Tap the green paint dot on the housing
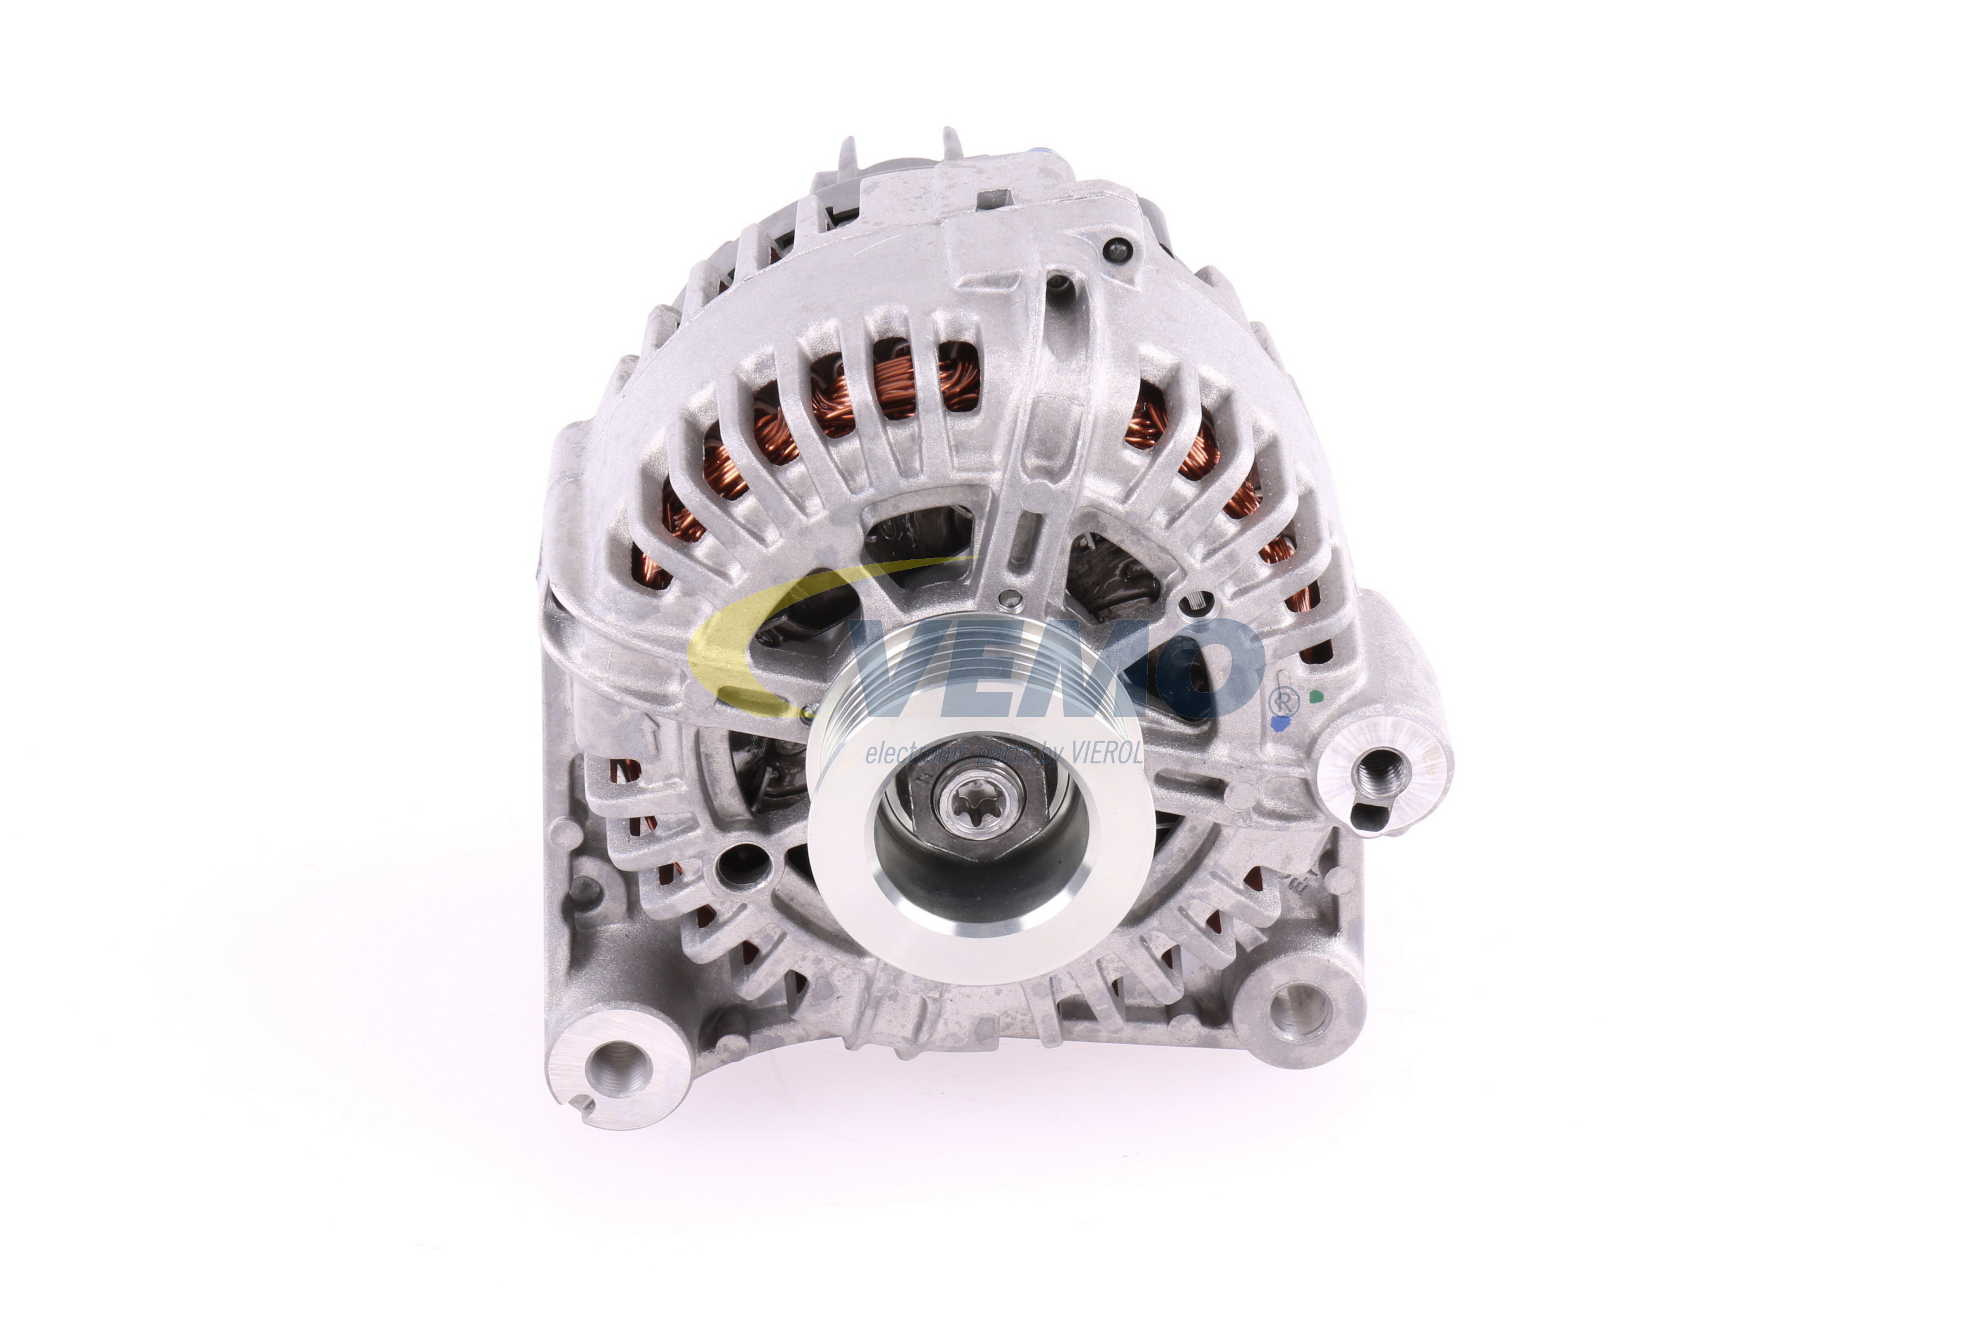[1315, 698]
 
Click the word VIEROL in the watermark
[1107, 754]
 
